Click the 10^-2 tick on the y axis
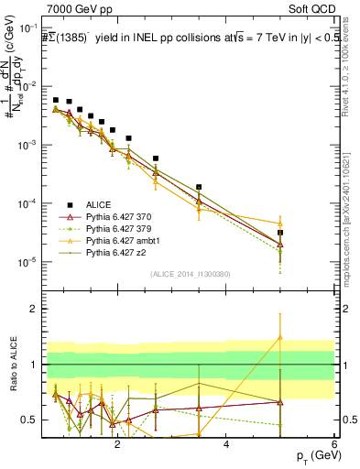[x=32, y=86]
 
